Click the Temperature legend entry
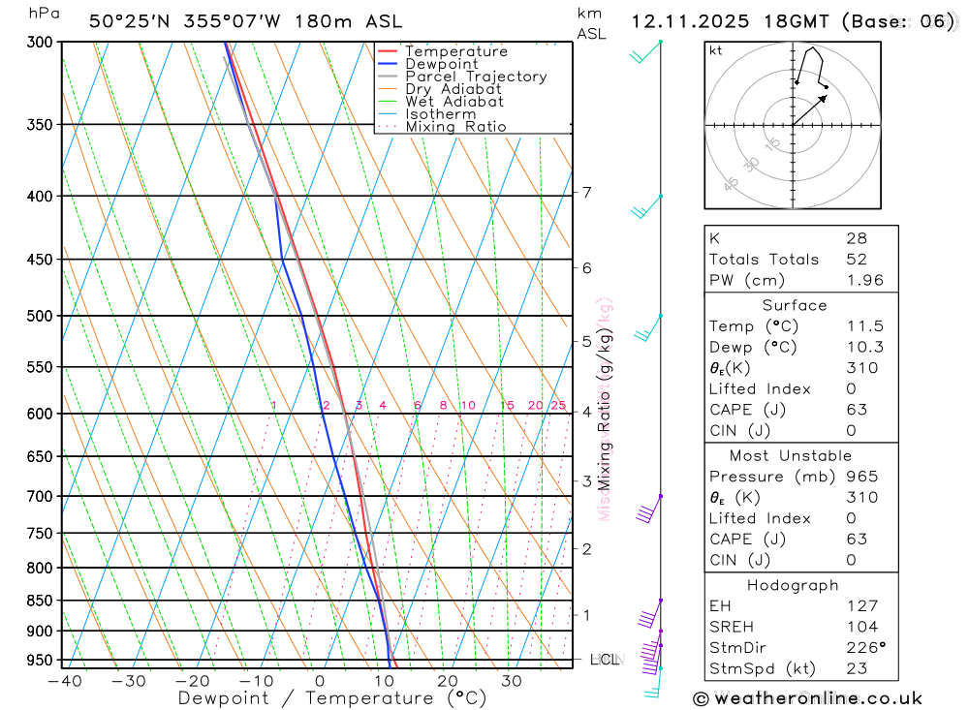click(x=455, y=51)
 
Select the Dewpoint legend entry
click(x=442, y=64)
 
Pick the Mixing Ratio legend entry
click(x=455, y=126)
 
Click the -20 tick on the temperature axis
click(x=192, y=681)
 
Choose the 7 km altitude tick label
click(x=586, y=192)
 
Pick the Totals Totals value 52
click(x=857, y=259)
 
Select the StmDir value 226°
click(x=865, y=647)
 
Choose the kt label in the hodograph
click(x=715, y=50)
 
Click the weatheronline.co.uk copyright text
click(x=808, y=698)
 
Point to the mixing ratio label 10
click(x=468, y=406)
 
